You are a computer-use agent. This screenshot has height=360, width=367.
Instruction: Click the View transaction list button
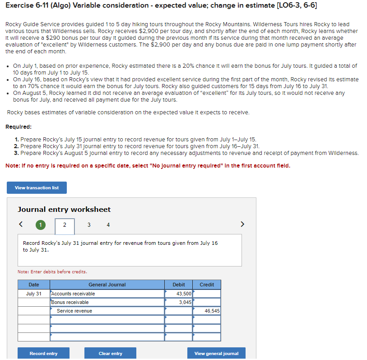[x=37, y=187]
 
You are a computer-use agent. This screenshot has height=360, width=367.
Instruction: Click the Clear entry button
[x=110, y=353]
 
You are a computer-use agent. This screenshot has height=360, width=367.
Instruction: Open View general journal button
[x=216, y=353]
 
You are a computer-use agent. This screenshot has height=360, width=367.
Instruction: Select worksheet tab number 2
[x=65, y=225]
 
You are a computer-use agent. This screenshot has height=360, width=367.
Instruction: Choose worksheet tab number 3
[x=88, y=225]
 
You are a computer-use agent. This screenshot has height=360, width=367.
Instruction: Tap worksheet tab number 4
[x=107, y=225]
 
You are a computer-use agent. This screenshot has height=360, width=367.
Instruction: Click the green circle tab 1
[x=41, y=225]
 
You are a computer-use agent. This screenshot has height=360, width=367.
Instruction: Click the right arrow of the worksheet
[x=242, y=224]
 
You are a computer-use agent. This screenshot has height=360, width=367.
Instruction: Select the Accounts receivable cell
[x=107, y=294]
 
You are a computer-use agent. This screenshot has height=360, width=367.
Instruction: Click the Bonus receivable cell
[x=107, y=302]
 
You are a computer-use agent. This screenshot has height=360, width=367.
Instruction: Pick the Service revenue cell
[x=107, y=311]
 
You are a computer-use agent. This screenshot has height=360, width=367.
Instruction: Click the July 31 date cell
[x=34, y=294]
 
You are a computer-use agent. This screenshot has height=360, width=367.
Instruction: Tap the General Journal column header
[x=107, y=285]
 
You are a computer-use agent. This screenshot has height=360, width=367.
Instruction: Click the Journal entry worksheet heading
[x=64, y=209]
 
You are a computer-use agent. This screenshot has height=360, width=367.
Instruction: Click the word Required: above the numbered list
[x=19, y=127]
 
